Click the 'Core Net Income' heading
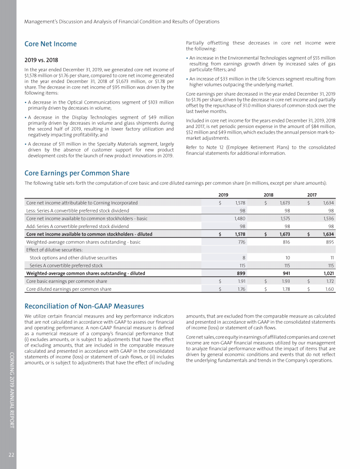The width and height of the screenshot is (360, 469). (x=50, y=44)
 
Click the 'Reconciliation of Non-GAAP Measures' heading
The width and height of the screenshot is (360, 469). (x=84, y=306)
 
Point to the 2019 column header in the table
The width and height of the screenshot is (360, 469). (x=224, y=194)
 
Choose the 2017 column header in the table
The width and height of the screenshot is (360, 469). (x=312, y=194)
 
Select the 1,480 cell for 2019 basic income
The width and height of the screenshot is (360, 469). (x=240, y=218)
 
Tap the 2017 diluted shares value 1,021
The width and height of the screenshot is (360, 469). (x=326, y=273)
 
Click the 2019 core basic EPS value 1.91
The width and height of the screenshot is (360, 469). (x=240, y=281)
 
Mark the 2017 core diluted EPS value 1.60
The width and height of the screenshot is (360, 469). (x=329, y=289)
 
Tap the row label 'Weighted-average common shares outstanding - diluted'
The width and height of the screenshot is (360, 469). (x=86, y=273)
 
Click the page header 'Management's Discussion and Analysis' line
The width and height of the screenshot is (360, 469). (x=122, y=22)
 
